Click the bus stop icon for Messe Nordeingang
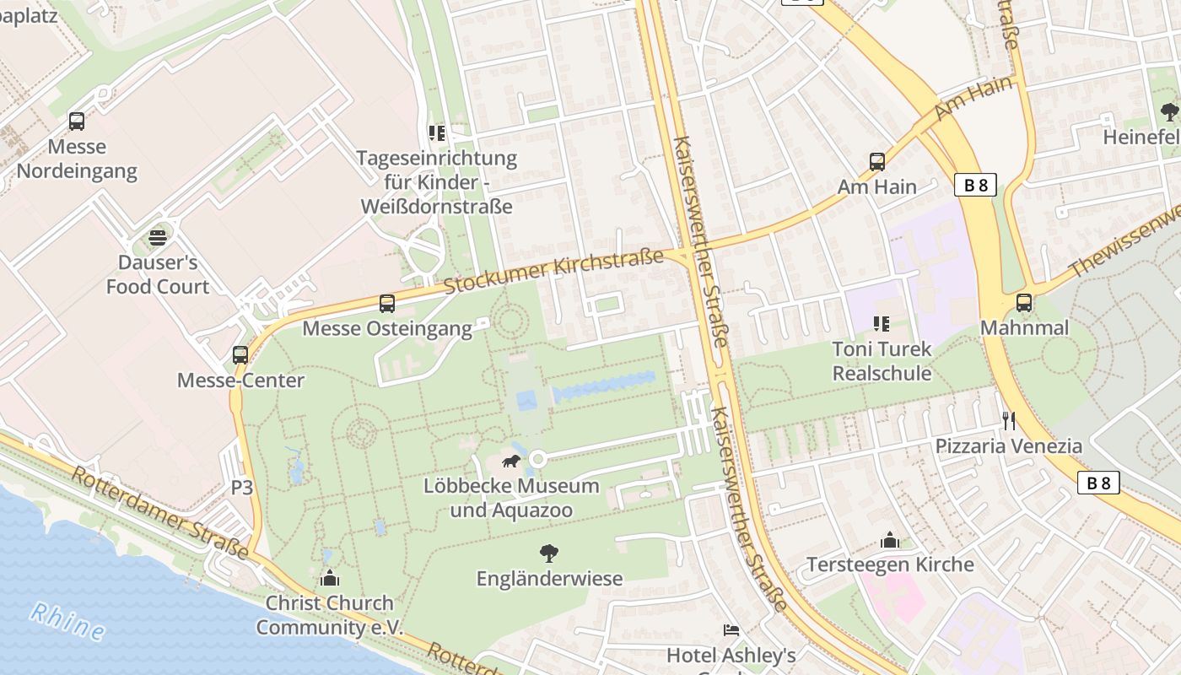[77, 121]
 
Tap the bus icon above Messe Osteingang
[387, 303]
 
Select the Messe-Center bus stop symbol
[240, 355]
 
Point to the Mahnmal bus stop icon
[1024, 303]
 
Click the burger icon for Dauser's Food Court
[158, 238]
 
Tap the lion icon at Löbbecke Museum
[511, 461]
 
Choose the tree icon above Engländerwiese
[549, 553]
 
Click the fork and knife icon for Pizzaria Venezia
[1008, 420]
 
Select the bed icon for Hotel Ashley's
[731, 630]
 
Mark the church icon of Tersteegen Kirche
[890, 540]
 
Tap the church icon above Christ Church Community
[330, 578]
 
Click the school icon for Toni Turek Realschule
[882, 324]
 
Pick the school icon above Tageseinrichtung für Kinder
[436, 133]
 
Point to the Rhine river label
[67, 621]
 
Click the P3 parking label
[242, 487]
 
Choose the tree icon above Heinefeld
[1169, 111]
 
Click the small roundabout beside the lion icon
[537, 459]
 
